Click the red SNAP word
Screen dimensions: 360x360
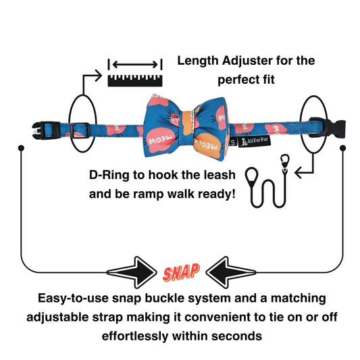pos(181,272)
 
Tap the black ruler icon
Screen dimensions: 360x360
pos(135,80)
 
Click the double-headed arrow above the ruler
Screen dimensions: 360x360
pos(135,65)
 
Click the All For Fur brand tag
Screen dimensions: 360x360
pos(255,141)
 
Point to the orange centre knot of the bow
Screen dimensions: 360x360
pos(190,123)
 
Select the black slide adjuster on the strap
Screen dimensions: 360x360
pos(80,130)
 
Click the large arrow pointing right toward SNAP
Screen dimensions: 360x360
pos(132,272)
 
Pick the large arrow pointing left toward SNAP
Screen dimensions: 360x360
pos(230,272)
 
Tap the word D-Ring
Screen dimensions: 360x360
pos(109,175)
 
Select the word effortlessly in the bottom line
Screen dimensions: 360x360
pos(135,336)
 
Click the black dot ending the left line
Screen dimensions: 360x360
pos(21,148)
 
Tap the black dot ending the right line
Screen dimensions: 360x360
pos(343,148)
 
